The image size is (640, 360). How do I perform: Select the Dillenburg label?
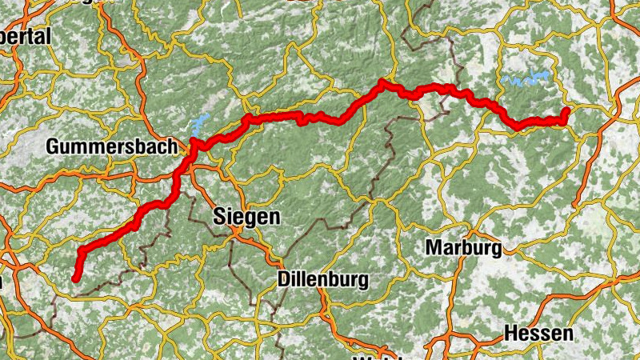[x=322, y=279]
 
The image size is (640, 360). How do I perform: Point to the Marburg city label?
[x=464, y=247]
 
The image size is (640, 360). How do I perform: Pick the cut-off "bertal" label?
[x=24, y=36]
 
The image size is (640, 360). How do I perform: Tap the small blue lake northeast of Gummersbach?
[x=198, y=125]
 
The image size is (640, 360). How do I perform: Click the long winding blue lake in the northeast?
[x=528, y=79]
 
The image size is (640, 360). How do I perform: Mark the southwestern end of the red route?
[x=75, y=279]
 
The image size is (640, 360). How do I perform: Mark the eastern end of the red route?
[x=566, y=110]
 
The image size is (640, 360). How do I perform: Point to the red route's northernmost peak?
[x=383, y=82]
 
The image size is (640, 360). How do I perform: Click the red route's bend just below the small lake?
[x=193, y=143]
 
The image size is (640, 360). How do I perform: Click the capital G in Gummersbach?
[x=53, y=146]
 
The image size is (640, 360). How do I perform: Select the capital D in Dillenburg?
[x=283, y=279]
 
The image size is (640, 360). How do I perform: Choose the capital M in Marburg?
[x=434, y=247]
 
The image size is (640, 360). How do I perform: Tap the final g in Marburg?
[x=497, y=249]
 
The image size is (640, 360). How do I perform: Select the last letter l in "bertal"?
[x=48, y=36]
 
